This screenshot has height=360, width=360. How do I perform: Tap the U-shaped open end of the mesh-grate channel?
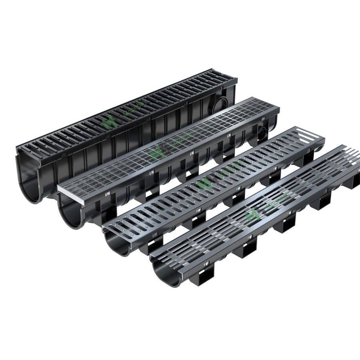click(x=72, y=212)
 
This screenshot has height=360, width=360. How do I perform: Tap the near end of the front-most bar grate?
click(x=160, y=256)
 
